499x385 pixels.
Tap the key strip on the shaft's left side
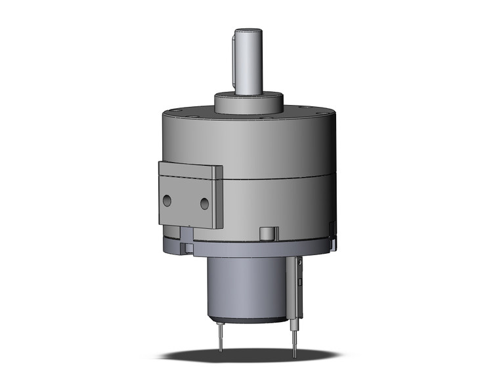tap(234, 63)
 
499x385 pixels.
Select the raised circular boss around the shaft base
tap(249, 104)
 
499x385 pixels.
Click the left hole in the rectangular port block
tap(169, 199)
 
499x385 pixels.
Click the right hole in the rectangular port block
tap(206, 203)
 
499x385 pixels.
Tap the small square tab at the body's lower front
tap(267, 233)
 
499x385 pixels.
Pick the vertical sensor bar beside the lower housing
tap(295, 289)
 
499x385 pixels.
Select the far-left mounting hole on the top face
tap(175, 112)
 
